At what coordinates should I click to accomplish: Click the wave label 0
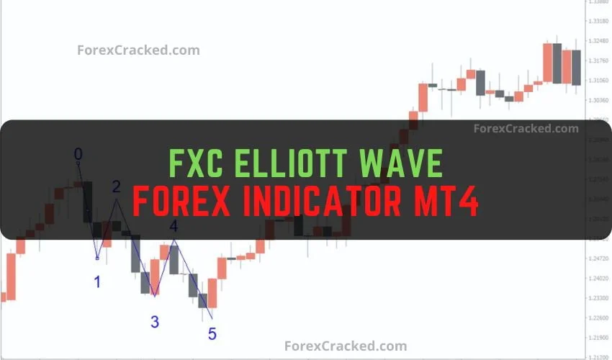click(78, 153)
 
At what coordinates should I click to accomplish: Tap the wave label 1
click(97, 282)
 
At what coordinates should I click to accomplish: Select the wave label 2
click(117, 187)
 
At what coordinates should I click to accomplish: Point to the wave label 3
click(155, 322)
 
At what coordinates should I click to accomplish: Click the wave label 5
click(212, 334)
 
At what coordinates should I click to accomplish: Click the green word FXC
click(193, 163)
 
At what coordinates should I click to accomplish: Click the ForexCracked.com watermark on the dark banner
click(526, 129)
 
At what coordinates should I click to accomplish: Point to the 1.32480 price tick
click(599, 41)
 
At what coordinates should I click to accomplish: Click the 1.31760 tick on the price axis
click(599, 61)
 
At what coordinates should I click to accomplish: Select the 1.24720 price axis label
click(599, 258)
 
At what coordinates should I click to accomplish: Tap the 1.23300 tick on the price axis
click(599, 297)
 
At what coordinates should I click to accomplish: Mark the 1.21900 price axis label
click(599, 337)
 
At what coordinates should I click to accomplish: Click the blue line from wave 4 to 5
click(193, 279)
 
